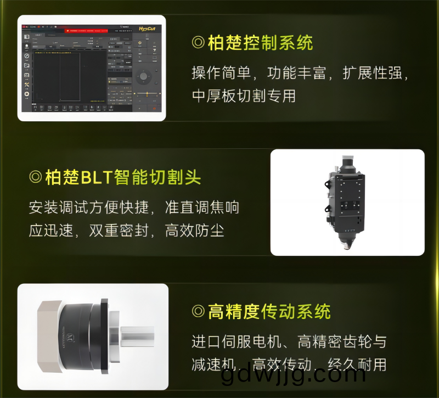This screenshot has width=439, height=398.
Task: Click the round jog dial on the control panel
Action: (x=144, y=76)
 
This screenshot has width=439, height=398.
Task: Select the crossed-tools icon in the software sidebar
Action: (x=26, y=84)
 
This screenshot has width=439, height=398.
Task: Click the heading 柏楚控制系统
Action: (x=260, y=43)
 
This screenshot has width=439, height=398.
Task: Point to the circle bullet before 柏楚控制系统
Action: (x=198, y=43)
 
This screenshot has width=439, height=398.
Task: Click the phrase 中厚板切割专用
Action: (x=244, y=96)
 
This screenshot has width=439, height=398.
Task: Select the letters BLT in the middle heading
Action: (x=96, y=177)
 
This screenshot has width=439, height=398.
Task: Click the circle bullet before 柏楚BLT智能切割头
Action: (x=36, y=177)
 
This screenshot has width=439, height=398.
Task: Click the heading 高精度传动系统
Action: (x=269, y=312)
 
